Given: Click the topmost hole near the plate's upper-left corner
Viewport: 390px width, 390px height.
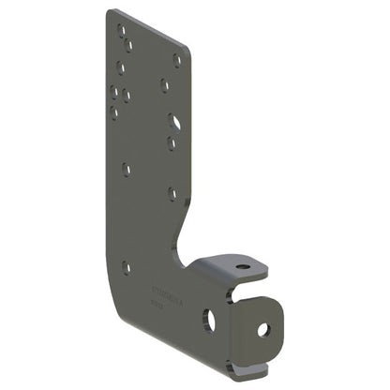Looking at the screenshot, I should [121, 29].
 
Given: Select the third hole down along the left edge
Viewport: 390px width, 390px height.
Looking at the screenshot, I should [121, 67].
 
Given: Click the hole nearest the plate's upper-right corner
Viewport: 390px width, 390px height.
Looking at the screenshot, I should [177, 59].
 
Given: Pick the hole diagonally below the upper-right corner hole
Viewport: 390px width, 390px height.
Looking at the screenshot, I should [165, 85].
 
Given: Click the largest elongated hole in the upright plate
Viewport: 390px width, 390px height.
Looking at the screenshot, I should [174, 122].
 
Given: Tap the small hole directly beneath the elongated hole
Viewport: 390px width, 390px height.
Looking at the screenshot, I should [172, 143].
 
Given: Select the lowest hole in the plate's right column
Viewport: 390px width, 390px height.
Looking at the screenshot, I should [172, 194].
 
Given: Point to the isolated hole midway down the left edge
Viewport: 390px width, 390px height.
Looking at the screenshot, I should [126, 170].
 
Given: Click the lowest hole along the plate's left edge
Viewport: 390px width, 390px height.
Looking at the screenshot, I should [127, 267].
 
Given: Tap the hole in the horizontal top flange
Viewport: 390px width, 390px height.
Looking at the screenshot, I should [243, 266].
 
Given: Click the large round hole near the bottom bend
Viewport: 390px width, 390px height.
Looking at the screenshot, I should [209, 320].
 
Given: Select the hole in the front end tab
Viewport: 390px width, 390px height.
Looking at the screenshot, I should [263, 329].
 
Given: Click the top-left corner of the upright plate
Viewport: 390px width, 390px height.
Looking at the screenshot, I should [109, 11].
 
